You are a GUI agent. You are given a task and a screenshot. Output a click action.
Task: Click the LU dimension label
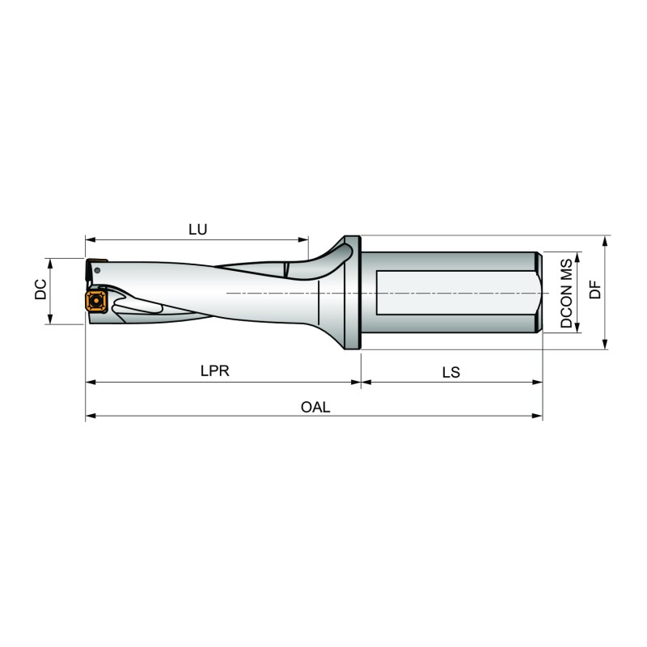click(x=197, y=230)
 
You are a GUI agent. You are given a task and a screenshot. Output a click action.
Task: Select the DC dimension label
click(x=40, y=290)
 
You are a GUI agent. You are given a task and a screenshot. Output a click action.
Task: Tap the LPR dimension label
click(x=214, y=371)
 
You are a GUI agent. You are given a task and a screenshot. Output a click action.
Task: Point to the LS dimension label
click(x=451, y=373)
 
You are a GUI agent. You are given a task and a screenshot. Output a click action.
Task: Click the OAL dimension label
click(x=315, y=408)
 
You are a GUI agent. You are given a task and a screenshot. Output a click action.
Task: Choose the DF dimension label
click(x=595, y=289)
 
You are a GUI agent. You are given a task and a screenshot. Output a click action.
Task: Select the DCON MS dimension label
click(x=567, y=294)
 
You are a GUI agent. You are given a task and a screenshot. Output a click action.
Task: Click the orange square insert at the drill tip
click(x=96, y=301)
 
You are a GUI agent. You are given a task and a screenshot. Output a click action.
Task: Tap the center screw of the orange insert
click(x=96, y=301)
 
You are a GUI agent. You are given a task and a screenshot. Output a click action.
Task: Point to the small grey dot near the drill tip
click(x=97, y=271)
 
